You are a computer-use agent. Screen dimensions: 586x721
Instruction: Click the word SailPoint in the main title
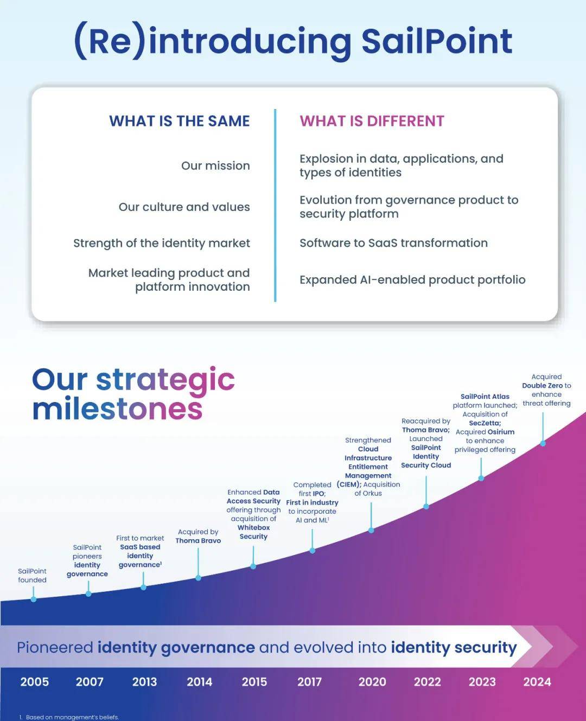(x=437, y=41)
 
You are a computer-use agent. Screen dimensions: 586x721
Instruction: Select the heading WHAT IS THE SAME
(x=180, y=121)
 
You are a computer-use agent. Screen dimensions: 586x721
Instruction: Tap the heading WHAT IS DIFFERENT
(x=372, y=121)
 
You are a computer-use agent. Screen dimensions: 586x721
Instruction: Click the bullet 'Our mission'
(x=215, y=165)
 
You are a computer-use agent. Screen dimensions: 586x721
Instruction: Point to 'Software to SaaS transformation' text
(x=393, y=243)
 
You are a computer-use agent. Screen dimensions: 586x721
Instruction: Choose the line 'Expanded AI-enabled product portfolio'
(x=412, y=279)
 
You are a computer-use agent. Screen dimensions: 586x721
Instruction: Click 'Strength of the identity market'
(x=162, y=243)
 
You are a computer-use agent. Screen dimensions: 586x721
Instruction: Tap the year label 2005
(x=35, y=682)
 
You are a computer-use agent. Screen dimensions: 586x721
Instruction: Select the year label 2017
(x=309, y=682)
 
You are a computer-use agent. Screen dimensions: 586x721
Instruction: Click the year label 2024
(x=537, y=682)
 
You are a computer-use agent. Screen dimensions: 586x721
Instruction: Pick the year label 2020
(x=372, y=682)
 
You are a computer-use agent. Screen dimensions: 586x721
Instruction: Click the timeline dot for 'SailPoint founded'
(x=34, y=599)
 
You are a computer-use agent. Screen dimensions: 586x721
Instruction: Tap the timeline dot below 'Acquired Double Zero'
(x=543, y=443)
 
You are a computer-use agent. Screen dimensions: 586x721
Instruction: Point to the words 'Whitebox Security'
(x=253, y=532)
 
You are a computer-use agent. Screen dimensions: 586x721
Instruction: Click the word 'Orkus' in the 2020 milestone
(x=372, y=493)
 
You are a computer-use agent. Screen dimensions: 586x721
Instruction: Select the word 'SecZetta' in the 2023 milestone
(x=485, y=423)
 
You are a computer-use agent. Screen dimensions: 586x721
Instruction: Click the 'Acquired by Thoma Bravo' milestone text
(x=198, y=536)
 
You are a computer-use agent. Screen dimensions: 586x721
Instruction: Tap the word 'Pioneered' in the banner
(x=55, y=648)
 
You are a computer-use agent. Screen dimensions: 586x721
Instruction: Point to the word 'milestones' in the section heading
(x=117, y=409)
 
